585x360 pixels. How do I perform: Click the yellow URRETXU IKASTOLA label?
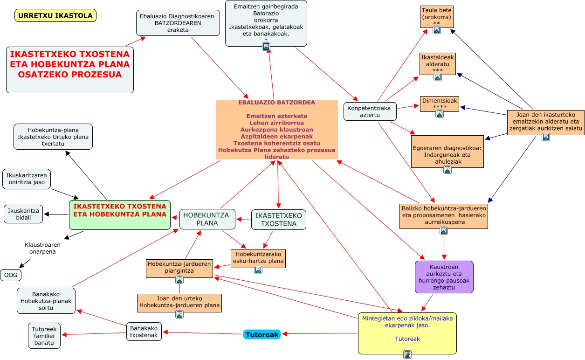(x=55, y=15)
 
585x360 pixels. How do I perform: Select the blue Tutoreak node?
(x=262, y=334)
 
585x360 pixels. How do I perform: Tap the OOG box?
(x=11, y=275)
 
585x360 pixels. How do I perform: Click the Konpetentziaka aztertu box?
(x=370, y=111)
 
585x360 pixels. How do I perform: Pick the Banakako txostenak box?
(x=144, y=332)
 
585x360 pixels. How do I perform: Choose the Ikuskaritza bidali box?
(x=23, y=214)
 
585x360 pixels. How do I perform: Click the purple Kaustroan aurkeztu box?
(x=444, y=277)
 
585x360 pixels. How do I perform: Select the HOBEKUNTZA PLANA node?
(x=207, y=219)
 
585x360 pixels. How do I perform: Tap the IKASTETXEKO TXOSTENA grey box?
(x=279, y=220)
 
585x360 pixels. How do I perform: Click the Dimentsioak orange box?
(x=440, y=104)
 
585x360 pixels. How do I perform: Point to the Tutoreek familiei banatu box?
(x=44, y=336)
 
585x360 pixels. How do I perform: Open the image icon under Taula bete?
(x=437, y=30)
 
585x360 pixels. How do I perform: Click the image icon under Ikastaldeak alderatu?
(x=437, y=77)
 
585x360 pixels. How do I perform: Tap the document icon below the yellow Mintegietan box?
(x=407, y=354)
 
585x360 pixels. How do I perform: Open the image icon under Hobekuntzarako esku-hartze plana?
(x=258, y=270)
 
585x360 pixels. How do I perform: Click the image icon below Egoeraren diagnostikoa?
(x=447, y=170)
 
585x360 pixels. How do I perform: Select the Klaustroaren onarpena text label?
(x=42, y=248)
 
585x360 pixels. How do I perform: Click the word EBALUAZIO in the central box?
(x=256, y=103)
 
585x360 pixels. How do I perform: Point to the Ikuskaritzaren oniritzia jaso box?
(x=27, y=179)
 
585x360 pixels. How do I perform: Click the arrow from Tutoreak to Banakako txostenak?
(x=203, y=333)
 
